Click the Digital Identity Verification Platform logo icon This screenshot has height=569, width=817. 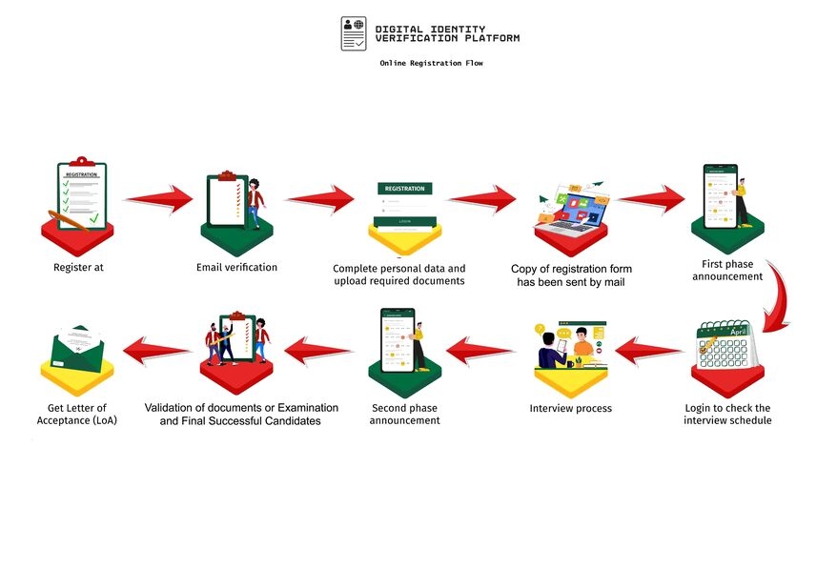click(354, 33)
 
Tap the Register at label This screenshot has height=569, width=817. click(78, 268)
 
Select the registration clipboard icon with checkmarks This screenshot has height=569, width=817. click(81, 193)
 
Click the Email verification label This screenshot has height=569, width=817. click(236, 267)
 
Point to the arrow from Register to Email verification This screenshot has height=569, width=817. click(158, 199)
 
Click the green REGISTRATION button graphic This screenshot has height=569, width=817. click(405, 189)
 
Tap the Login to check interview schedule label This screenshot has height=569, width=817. click(727, 414)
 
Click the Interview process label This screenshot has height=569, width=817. click(570, 408)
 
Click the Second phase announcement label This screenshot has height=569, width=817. click(405, 414)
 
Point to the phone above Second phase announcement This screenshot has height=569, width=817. click(399, 339)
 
